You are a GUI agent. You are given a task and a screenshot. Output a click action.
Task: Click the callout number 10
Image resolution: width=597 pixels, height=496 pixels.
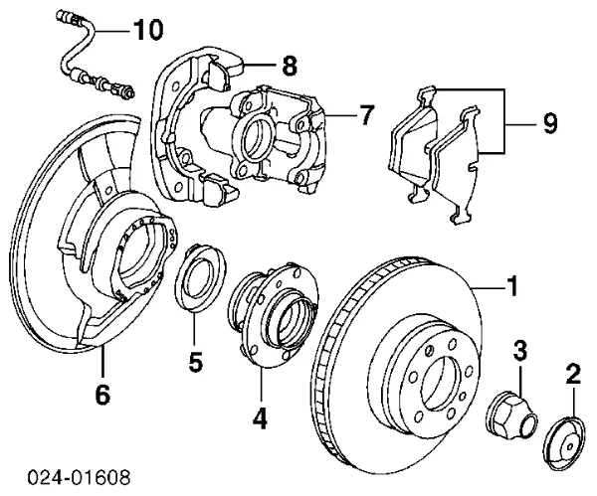(146, 31)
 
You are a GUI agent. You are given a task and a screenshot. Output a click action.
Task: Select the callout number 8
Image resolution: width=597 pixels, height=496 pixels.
(290, 68)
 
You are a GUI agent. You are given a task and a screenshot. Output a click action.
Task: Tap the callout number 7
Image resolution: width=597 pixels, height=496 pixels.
(365, 115)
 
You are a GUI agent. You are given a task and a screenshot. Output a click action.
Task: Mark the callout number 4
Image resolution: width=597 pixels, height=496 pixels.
(260, 418)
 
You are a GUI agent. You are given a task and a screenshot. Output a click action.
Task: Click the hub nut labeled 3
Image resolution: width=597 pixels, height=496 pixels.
(506, 412)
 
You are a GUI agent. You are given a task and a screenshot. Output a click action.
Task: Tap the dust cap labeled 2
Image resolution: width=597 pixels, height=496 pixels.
(562, 439)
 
